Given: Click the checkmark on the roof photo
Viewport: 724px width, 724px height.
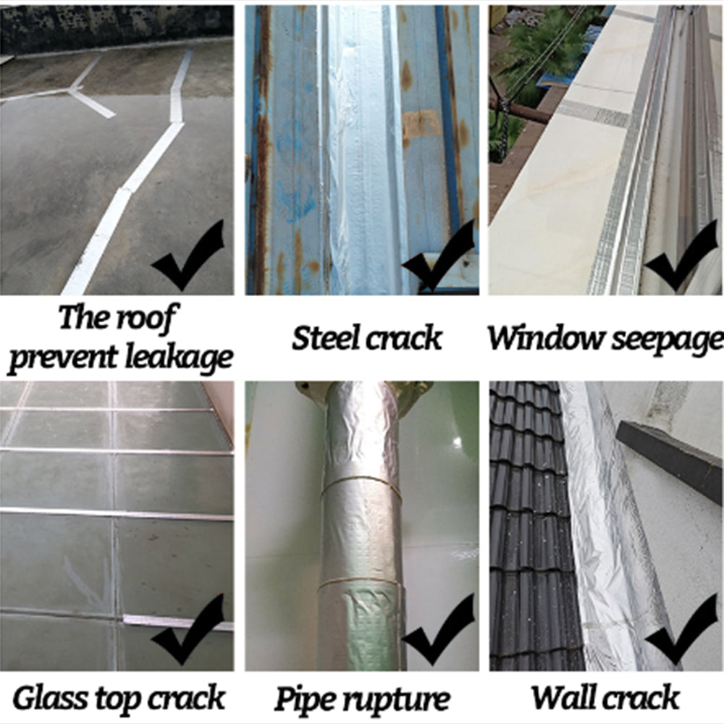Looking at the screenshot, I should coord(190,257).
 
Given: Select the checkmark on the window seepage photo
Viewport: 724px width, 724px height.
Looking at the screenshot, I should coord(681,257).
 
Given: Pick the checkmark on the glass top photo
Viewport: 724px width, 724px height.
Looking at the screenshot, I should coord(190,630).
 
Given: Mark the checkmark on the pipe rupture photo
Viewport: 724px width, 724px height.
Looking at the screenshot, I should coord(439,630).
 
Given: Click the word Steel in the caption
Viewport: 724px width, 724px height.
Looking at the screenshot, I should coord(324,338).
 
